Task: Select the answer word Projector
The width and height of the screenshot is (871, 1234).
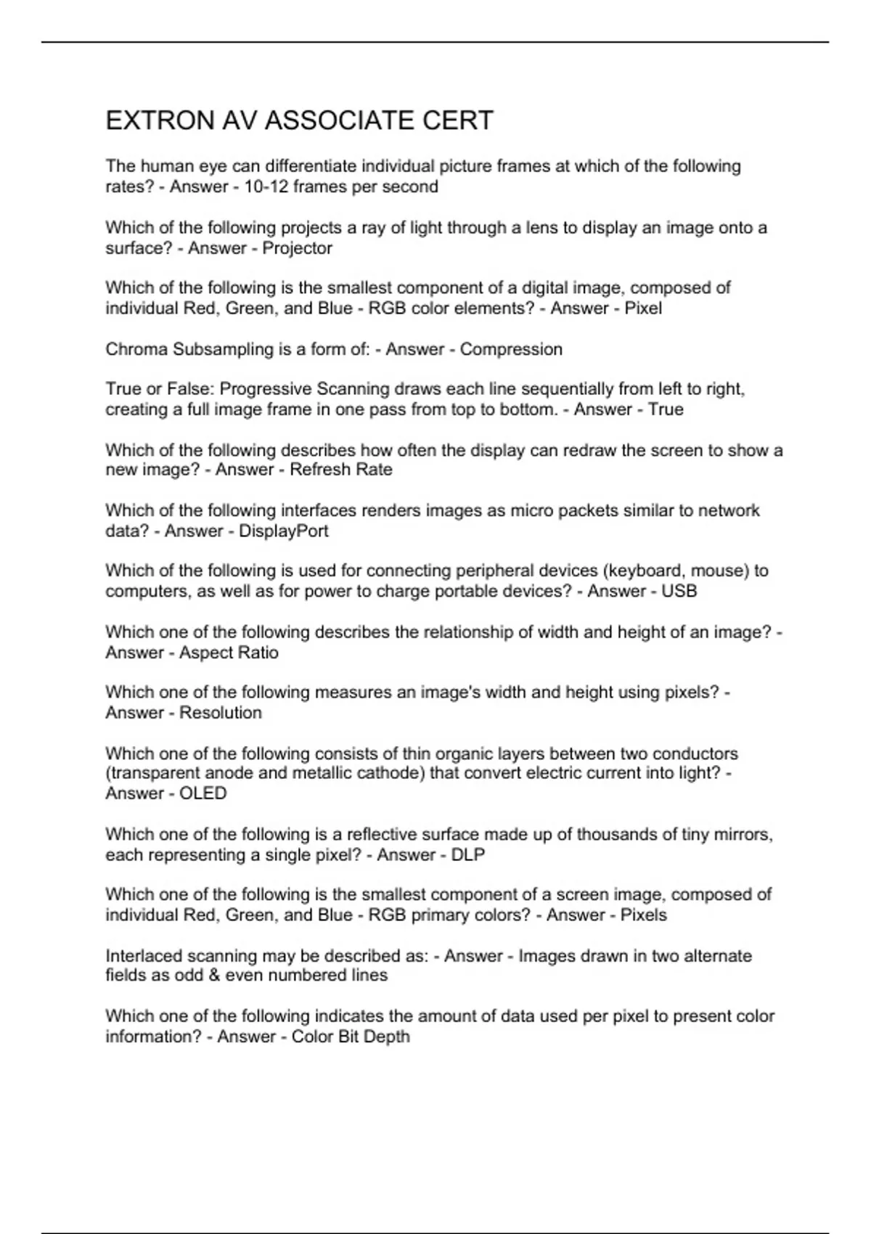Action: pos(297,248)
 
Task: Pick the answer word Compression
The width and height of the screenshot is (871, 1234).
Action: pos(511,349)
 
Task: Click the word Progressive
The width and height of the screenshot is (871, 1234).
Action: pos(261,389)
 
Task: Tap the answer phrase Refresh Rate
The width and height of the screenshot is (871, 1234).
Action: pos(340,470)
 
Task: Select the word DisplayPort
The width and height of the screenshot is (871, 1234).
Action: pos(283,531)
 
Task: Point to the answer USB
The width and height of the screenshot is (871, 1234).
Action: pos(679,591)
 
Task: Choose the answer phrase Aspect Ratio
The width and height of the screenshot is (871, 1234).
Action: pos(229,653)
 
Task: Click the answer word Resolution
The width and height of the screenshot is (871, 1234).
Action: pos(220,713)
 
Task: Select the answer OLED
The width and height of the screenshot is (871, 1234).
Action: pos(203,793)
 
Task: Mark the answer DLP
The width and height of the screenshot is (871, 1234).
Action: pos(467,855)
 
